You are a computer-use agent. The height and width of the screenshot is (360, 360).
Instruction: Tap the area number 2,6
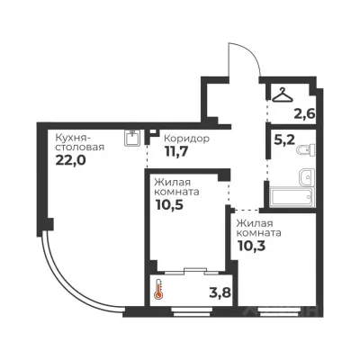pos(305,113)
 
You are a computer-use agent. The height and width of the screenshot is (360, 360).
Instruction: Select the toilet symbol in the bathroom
pos(306,149)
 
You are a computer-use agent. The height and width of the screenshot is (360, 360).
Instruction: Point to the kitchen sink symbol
pos(132,138)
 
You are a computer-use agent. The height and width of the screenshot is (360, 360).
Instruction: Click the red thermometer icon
pos(158,289)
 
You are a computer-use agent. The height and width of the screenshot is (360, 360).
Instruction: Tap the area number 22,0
pos(70,160)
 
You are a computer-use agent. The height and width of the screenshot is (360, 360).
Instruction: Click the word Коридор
pos(187,139)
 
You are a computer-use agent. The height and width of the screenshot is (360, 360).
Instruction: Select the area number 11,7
pos(176,151)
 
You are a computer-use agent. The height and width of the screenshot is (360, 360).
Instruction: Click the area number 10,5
pos(169,205)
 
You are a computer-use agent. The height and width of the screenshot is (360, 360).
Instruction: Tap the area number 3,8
pos(220,292)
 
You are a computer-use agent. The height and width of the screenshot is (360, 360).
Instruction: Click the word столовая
pos(80,148)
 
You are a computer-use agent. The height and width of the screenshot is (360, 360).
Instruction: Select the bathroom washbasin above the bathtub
pos(307,177)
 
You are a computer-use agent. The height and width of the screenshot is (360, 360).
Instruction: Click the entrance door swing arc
pos(251,53)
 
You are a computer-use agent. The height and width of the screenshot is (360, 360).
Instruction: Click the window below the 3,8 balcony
pos(192,311)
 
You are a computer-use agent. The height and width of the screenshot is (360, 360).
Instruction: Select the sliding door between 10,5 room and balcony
pos(192,271)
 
